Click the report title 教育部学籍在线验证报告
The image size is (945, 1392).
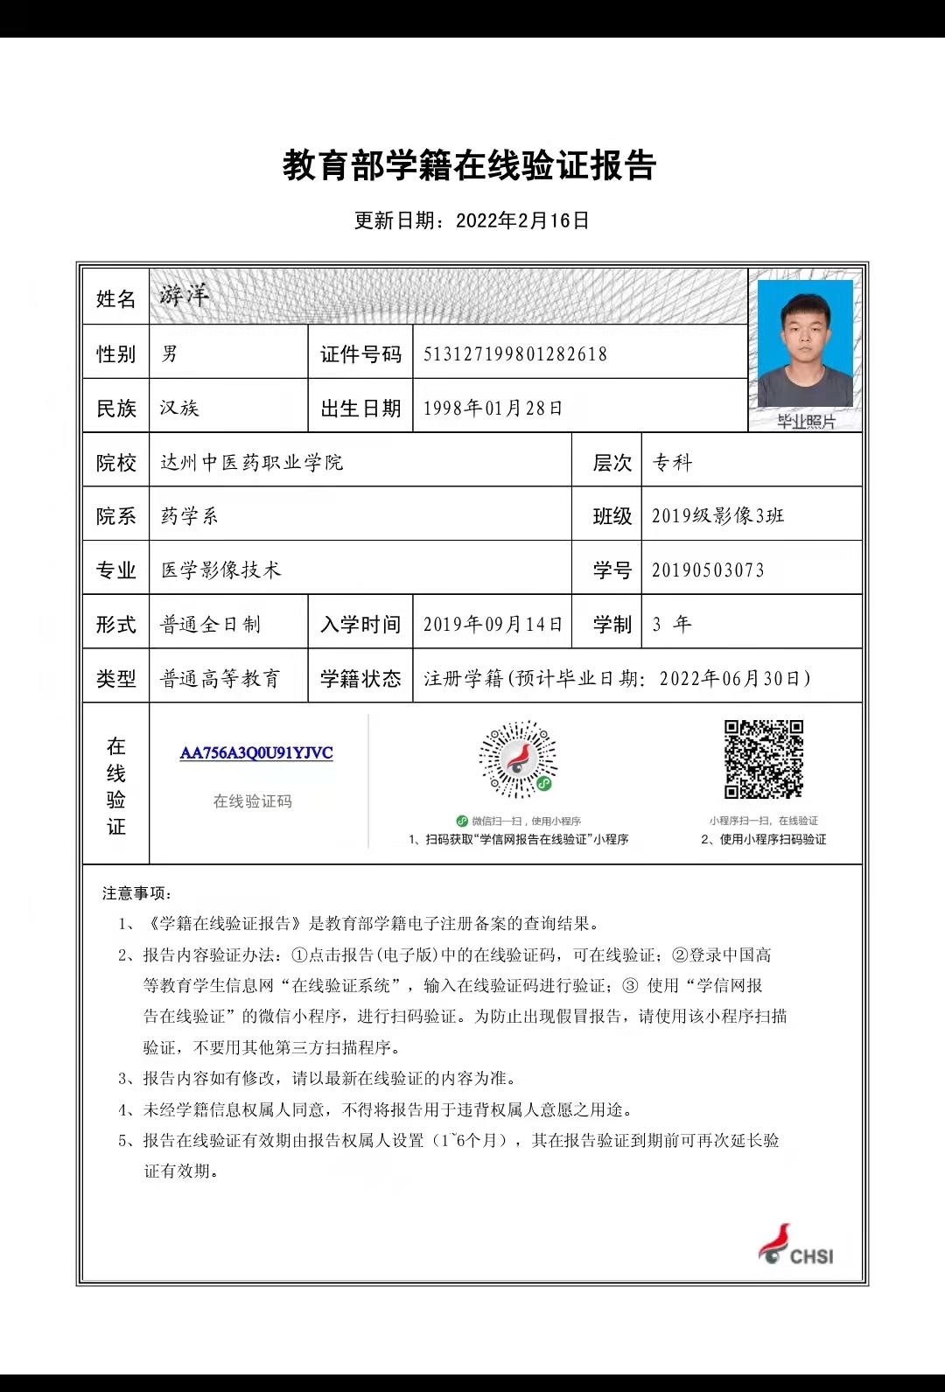tap(470, 165)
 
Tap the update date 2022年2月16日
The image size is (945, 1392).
tap(522, 220)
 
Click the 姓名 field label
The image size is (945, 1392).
tap(115, 299)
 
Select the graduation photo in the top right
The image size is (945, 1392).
tap(805, 344)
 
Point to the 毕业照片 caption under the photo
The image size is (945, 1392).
tap(806, 422)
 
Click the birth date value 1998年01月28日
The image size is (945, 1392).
tap(493, 409)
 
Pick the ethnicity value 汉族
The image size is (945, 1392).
tap(179, 409)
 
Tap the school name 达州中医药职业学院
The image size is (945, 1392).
tap(252, 463)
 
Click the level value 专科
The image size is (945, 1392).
tap(672, 463)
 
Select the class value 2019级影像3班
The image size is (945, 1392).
tap(717, 516)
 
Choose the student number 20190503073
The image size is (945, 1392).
tap(708, 570)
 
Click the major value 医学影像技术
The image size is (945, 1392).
tap(221, 570)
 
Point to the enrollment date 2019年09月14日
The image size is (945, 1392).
tap(493, 625)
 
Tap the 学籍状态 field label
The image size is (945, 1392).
tap(360, 679)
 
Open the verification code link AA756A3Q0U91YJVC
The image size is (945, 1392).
tap(256, 753)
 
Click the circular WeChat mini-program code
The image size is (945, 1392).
tap(518, 759)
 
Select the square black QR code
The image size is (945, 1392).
tap(763, 759)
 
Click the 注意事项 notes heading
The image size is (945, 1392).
tap(137, 893)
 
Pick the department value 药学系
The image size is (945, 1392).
tap(189, 516)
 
